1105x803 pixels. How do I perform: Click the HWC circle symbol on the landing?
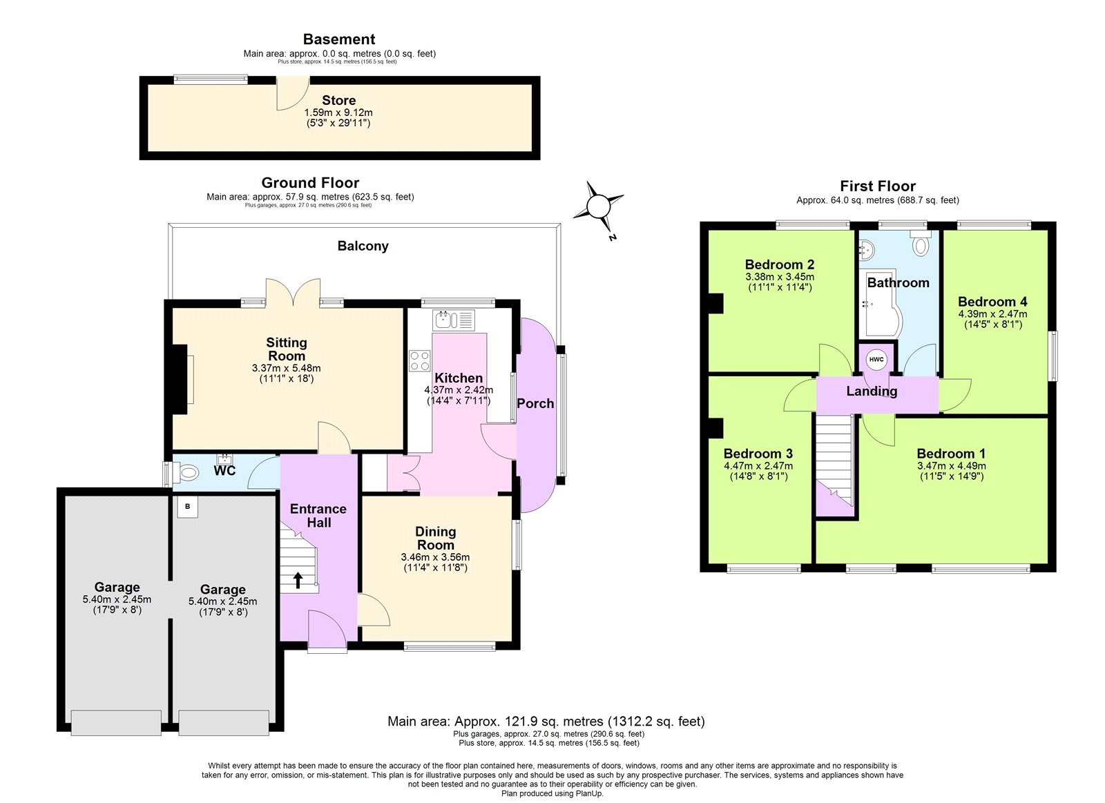[x=876, y=359]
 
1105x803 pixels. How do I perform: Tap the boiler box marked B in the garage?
[x=187, y=507]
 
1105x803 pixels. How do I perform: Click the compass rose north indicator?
[x=598, y=206]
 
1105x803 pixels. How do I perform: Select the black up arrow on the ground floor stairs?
[x=298, y=579]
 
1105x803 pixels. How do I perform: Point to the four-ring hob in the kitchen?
[x=419, y=361]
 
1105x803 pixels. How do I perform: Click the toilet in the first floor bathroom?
[x=921, y=244]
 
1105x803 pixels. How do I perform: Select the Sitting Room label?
[x=287, y=349]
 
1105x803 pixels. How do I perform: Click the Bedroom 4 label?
[x=992, y=302]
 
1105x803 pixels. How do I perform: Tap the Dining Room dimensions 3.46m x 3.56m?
[x=435, y=557]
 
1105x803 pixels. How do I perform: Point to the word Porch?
[x=535, y=403]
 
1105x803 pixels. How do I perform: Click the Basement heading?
[x=339, y=39]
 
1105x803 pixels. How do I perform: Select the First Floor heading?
[x=877, y=186]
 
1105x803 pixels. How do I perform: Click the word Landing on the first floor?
[x=872, y=391]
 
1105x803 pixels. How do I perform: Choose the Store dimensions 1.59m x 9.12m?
[x=338, y=113]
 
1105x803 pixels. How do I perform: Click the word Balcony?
[x=363, y=246]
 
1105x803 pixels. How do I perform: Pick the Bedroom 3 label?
[x=758, y=454]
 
